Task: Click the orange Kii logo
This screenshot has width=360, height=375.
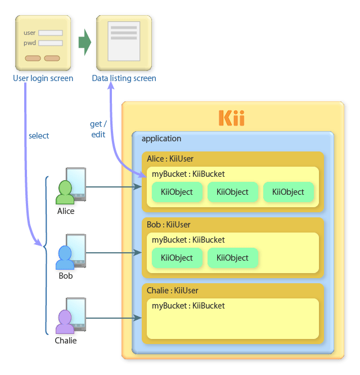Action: tap(231, 118)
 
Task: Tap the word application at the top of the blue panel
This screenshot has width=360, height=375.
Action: tap(161, 139)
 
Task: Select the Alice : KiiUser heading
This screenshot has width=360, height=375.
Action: tap(170, 159)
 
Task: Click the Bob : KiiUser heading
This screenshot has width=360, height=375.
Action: tap(167, 225)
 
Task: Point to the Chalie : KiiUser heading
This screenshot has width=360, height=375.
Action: tap(172, 291)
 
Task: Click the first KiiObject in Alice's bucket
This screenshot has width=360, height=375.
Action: tap(177, 192)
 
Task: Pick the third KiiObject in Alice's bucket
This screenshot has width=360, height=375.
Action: tap(288, 192)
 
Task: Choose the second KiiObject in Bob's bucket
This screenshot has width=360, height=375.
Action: tap(232, 258)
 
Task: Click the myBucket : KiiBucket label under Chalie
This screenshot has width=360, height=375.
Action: tap(188, 306)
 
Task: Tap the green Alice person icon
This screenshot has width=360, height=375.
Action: tap(65, 193)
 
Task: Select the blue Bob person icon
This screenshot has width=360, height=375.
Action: tap(65, 258)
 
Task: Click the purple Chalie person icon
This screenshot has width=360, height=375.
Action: tap(65, 323)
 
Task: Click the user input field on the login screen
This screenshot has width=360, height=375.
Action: tap(50, 33)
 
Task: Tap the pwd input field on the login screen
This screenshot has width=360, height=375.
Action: tap(50, 43)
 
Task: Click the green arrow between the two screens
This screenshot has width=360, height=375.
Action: tap(84, 43)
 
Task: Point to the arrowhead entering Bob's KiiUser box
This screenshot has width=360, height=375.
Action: tap(138, 253)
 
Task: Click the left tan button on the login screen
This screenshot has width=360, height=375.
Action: tap(33, 58)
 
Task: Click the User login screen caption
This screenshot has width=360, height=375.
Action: tap(43, 78)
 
